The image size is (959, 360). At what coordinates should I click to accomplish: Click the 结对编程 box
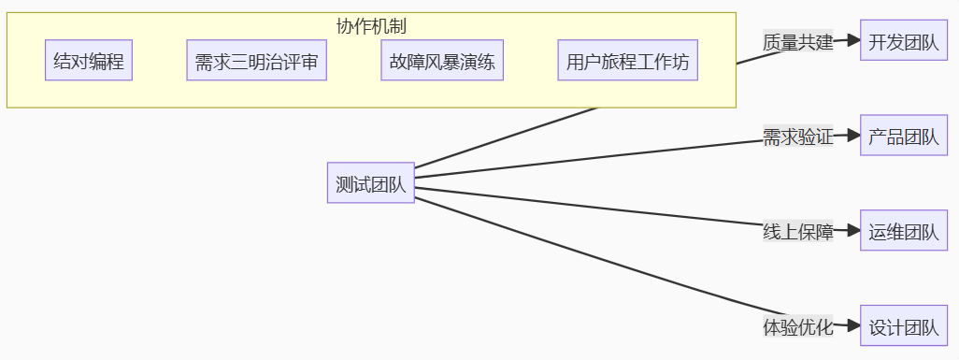point(89,64)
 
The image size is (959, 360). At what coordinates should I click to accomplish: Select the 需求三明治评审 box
point(256,64)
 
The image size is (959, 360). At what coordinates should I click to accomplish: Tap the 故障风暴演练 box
point(442,64)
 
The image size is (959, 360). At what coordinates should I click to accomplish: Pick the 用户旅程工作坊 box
point(628,64)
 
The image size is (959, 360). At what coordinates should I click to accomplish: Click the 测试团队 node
point(371,184)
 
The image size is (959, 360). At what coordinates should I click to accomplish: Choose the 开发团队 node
point(904,42)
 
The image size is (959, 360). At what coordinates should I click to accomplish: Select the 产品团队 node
point(904,137)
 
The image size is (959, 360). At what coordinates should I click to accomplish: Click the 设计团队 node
point(904,327)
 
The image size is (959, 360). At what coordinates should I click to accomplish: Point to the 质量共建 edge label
point(797,42)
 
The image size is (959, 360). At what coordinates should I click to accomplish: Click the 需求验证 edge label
point(797,137)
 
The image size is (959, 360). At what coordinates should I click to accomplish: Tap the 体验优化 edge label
point(797,327)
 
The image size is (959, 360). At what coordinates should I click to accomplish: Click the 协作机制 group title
point(371,26)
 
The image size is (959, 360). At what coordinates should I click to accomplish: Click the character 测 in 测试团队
point(344,184)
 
